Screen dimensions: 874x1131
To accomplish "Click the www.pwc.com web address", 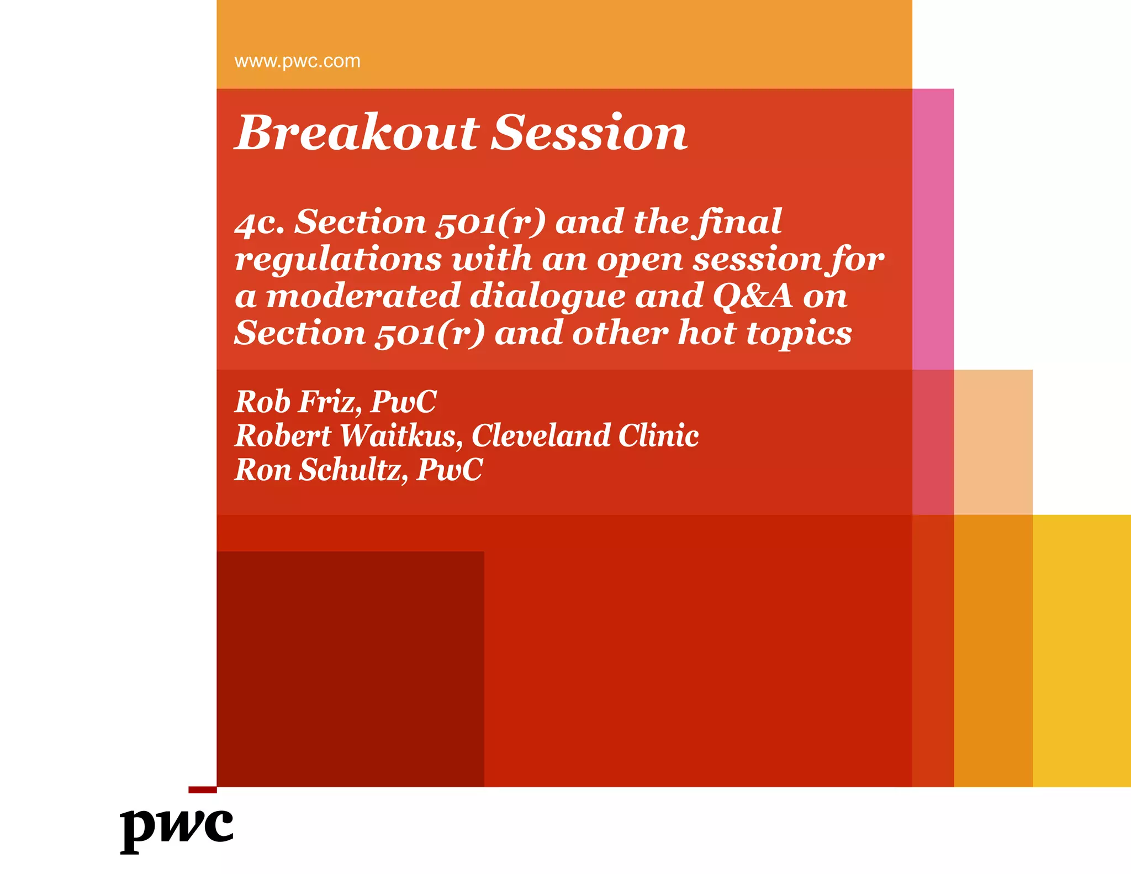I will (297, 61).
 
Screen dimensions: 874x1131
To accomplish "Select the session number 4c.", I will (260, 223).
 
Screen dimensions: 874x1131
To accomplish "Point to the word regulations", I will (338, 260).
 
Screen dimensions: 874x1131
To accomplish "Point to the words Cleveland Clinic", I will (585, 436).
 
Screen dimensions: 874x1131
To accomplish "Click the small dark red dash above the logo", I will (202, 790).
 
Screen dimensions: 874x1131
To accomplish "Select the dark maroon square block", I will (350, 668).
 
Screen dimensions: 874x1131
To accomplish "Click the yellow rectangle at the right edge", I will (1081, 650).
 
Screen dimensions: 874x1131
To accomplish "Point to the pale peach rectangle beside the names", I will (993, 442).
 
